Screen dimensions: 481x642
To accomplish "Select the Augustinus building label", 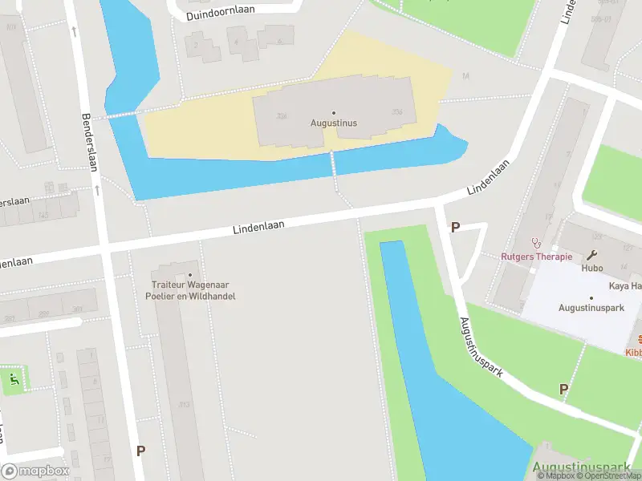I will (334, 123).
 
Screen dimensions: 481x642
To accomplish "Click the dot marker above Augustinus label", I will (334, 113).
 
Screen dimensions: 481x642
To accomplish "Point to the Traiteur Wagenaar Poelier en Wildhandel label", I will (190, 290).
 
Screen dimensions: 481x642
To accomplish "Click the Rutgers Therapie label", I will (536, 257).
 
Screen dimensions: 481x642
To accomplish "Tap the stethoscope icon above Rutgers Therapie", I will (536, 243).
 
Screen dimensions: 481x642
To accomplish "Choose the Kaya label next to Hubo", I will (625, 286).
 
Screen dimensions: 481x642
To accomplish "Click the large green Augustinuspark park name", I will (586, 467).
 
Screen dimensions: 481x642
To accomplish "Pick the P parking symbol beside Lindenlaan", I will (455, 227).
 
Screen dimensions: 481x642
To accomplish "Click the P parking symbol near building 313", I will (140, 451).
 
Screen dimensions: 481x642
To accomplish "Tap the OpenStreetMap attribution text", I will (611, 475).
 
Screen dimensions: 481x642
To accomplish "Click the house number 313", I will (185, 405).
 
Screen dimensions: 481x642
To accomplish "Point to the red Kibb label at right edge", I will (633, 352).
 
